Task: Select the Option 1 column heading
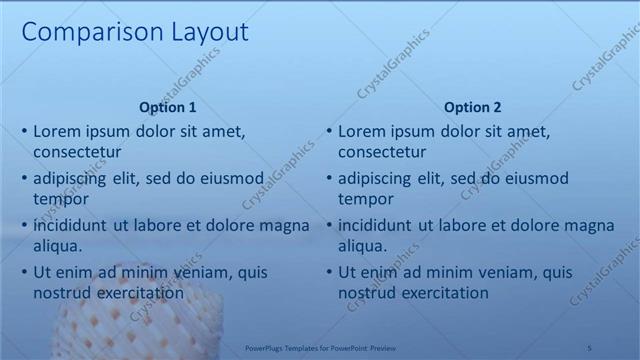[x=168, y=107]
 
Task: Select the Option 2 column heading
[x=473, y=107]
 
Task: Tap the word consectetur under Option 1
[x=77, y=152]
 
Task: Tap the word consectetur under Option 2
[x=382, y=152]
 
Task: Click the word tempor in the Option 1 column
[x=59, y=199]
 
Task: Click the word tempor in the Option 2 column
[x=364, y=199]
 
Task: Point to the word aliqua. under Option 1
[x=58, y=246]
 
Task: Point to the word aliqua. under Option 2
[x=363, y=246]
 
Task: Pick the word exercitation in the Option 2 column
[x=443, y=293]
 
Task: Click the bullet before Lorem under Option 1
[x=24, y=131]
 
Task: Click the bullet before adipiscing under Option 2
[x=329, y=178]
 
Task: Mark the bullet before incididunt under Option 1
[x=24, y=225]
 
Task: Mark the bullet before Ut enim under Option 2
[x=329, y=272]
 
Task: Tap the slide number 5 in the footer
[x=590, y=346]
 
